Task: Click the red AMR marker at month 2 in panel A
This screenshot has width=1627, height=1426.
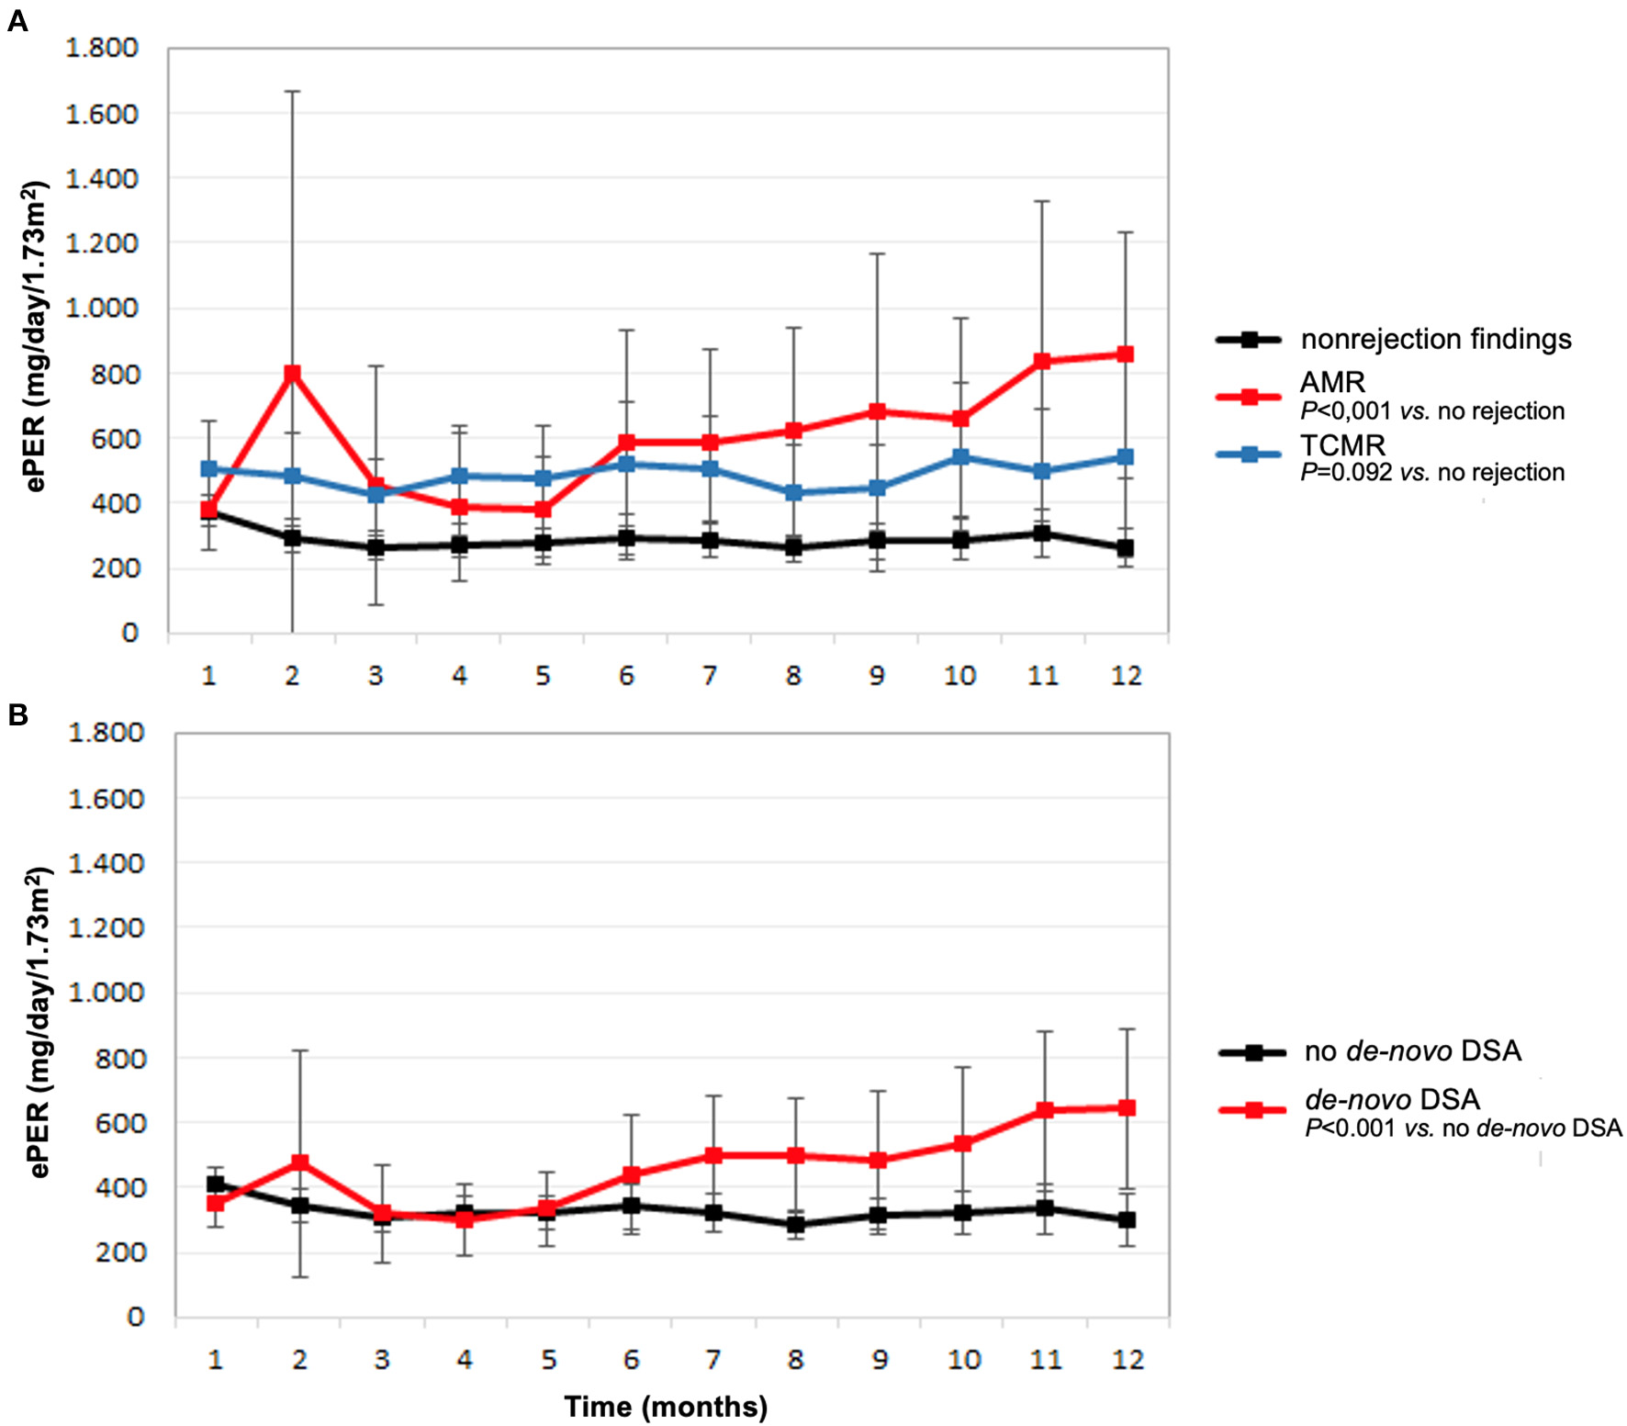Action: (293, 374)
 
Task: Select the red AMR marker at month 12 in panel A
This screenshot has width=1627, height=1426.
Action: (1125, 354)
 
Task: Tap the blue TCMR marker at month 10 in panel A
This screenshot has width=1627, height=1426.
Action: (960, 456)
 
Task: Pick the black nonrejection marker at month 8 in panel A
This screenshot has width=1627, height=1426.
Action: (794, 548)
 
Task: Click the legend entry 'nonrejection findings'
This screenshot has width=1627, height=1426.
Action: (1435, 339)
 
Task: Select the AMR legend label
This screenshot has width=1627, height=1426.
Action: (1332, 382)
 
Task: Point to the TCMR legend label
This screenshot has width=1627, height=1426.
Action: (1342, 445)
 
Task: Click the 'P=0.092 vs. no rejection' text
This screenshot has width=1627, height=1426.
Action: (1432, 473)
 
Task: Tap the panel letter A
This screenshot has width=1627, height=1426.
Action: (17, 21)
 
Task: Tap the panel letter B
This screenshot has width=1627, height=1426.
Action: (17, 714)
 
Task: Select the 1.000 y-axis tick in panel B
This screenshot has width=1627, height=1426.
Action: (107, 993)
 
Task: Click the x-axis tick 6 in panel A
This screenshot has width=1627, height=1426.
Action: (626, 676)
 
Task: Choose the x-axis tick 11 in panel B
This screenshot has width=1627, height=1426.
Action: (1046, 1359)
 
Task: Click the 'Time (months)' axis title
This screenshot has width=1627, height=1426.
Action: (666, 1406)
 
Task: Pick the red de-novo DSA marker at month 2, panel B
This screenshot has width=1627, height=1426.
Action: (299, 1162)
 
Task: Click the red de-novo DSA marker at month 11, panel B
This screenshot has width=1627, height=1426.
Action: (1044, 1110)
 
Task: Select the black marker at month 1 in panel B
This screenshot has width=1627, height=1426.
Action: (216, 1185)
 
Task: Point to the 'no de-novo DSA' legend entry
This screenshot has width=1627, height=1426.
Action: (1412, 1050)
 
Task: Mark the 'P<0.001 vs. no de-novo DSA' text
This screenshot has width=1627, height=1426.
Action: (1464, 1128)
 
